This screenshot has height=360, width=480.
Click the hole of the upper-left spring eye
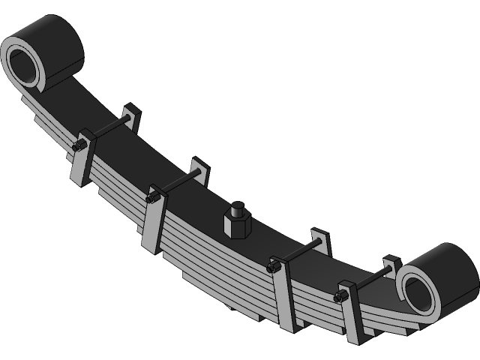tap(25, 64)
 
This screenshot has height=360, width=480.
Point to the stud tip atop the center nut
tap(238, 207)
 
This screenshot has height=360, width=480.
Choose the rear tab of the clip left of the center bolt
tap(199, 169)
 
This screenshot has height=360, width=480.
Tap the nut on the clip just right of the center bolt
tap(274, 265)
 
